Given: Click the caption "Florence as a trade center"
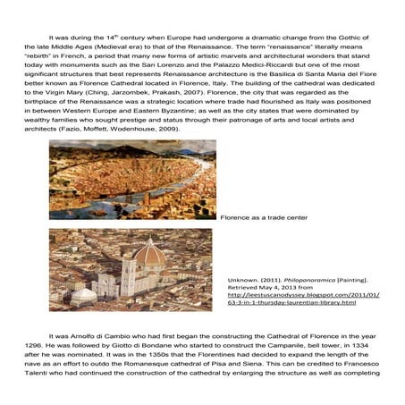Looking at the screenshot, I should pyautogui.click(x=264, y=217).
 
